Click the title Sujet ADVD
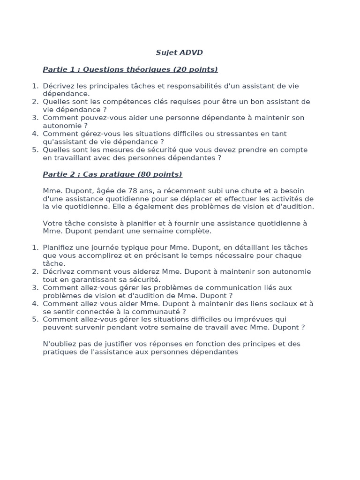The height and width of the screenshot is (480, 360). click(180, 53)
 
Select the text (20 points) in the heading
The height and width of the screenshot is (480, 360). click(195, 70)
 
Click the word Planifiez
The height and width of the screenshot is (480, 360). click(60, 247)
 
